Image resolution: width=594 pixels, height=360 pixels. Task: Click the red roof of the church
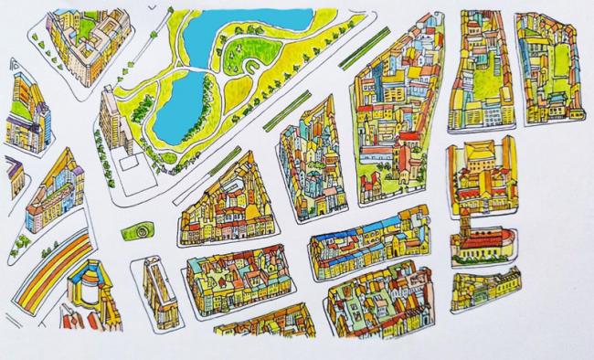[x=484, y=241]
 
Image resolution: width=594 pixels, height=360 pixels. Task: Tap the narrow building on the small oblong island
[x=156, y=291]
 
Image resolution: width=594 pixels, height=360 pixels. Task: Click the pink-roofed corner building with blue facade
[x=41, y=206]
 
